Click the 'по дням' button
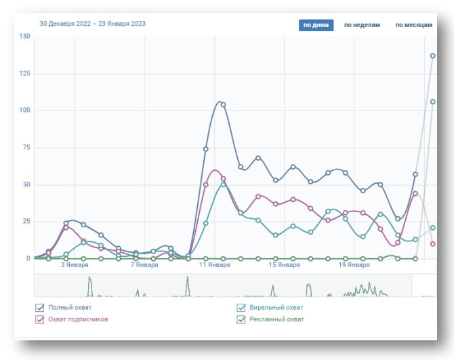tap(316, 25)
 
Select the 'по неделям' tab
tap(362, 25)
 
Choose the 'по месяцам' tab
tap(413, 25)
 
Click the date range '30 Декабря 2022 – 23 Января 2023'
tap(93, 24)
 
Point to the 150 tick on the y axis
tap(25, 37)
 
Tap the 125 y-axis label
tap(25, 73)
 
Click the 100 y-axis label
tap(25, 111)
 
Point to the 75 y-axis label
tap(26, 147)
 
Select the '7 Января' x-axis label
tap(144, 265)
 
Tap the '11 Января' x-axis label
tap(214, 265)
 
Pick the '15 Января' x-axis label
tap(284, 265)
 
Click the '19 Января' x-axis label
tap(354, 265)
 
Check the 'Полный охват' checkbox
tap(40, 308)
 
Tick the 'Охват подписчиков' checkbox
tap(40, 319)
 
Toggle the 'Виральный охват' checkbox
tap(241, 308)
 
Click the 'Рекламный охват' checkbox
tap(241, 319)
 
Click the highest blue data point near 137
tap(433, 56)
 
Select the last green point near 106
tap(433, 102)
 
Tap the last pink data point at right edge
tap(433, 244)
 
